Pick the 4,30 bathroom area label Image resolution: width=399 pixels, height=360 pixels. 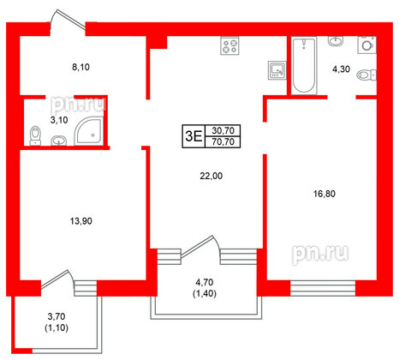[341, 69]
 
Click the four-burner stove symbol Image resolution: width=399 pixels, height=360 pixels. [229, 47]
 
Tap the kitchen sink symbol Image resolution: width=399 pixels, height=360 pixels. [276, 69]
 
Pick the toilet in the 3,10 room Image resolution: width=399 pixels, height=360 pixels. [35, 135]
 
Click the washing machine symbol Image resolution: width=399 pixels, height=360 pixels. [367, 44]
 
